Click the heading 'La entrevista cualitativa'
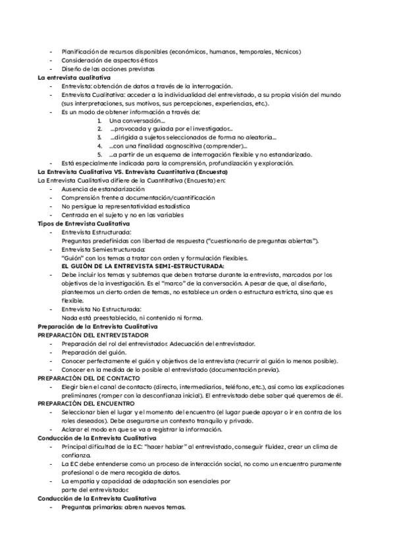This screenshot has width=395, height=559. click(x=74, y=78)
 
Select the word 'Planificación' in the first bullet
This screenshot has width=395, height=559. click(x=80, y=51)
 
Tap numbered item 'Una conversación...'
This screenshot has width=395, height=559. click(x=137, y=121)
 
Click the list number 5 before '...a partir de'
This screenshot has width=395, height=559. click(x=99, y=154)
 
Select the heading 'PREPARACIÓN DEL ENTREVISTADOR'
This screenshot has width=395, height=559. click(x=93, y=335)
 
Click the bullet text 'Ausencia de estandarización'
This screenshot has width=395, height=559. click(x=103, y=189)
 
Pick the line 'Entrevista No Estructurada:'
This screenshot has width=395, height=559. click(x=101, y=309)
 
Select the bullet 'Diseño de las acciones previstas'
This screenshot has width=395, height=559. click(x=108, y=69)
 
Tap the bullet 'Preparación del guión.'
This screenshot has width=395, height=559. click(x=94, y=352)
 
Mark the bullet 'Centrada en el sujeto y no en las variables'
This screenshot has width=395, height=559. click(x=122, y=215)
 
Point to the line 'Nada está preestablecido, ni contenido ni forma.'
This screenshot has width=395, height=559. click(x=132, y=318)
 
